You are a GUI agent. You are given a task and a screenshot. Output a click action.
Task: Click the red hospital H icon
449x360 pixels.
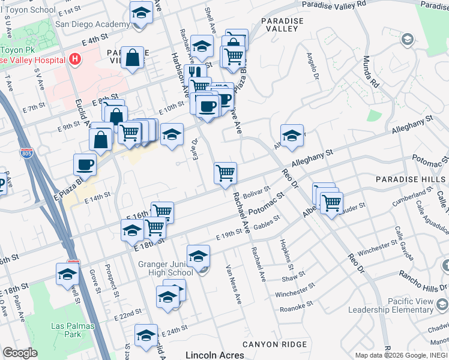(x=75, y=59)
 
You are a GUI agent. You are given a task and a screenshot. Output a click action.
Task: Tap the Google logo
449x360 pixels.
(x=20, y=353)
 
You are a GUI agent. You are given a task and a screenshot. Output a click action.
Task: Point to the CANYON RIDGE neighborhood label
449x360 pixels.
(x=274, y=344)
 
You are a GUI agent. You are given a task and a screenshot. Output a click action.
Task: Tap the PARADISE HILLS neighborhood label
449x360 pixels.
(x=409, y=179)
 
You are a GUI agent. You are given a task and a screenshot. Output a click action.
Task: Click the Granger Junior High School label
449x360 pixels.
(x=173, y=268)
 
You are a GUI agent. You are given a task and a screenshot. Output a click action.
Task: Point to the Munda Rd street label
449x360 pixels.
(x=370, y=71)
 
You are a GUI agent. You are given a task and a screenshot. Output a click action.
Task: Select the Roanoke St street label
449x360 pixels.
(x=297, y=308)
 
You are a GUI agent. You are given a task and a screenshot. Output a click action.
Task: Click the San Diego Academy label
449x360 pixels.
(x=92, y=25)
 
